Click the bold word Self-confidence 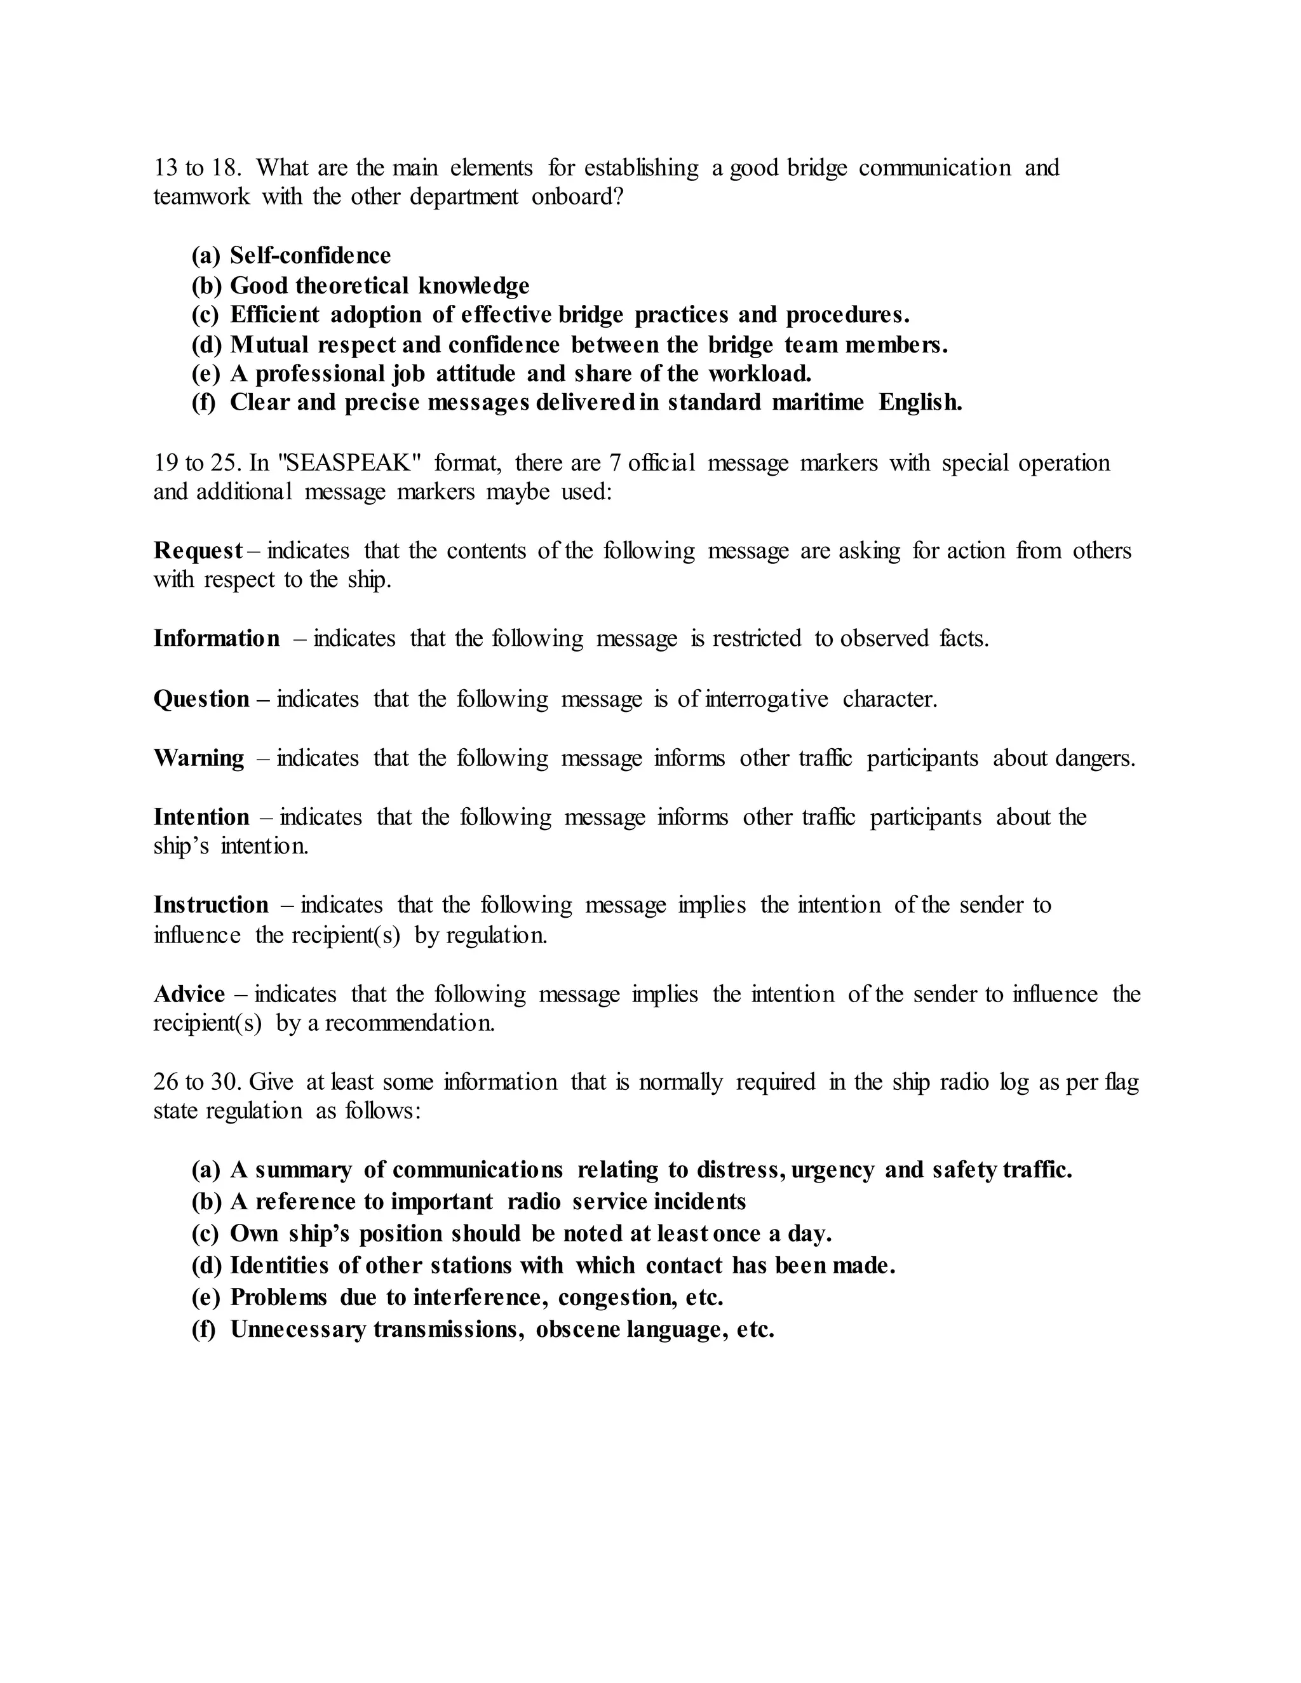[310, 255]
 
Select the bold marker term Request [198, 551]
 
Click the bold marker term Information [217, 638]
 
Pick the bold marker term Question [201, 699]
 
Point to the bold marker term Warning [199, 758]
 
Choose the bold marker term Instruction [210, 904]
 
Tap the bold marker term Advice [189, 994]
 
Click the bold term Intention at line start [201, 817]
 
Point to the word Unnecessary [297, 1329]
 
